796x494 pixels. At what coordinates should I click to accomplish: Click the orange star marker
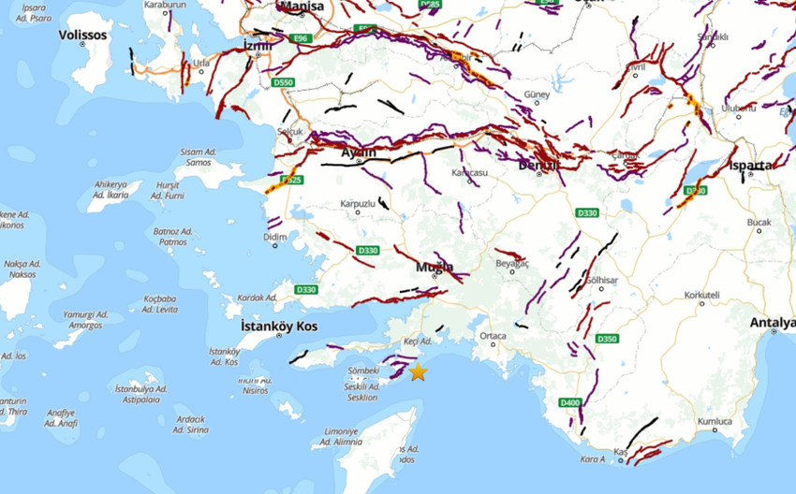pos(418,372)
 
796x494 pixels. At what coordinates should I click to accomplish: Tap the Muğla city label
pos(435,267)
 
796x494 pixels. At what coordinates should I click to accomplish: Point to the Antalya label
pos(773,323)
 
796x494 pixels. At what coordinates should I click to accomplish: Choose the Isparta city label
pos(751,166)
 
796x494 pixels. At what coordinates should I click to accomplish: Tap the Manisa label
pos(302,7)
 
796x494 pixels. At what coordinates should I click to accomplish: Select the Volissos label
pos(83,35)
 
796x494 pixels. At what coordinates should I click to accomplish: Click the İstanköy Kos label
pos(279,327)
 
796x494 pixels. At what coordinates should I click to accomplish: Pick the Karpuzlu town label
pos(358,203)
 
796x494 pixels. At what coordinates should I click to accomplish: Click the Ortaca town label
pos(493,336)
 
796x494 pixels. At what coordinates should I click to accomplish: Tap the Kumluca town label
pos(715,421)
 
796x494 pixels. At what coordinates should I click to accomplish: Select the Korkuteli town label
pos(701,296)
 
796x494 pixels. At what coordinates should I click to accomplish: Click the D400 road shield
pos(569,402)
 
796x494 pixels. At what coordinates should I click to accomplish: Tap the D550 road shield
pos(283,83)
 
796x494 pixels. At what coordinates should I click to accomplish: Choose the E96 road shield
pos(300,38)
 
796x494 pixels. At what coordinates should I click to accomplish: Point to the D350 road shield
pos(607,339)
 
